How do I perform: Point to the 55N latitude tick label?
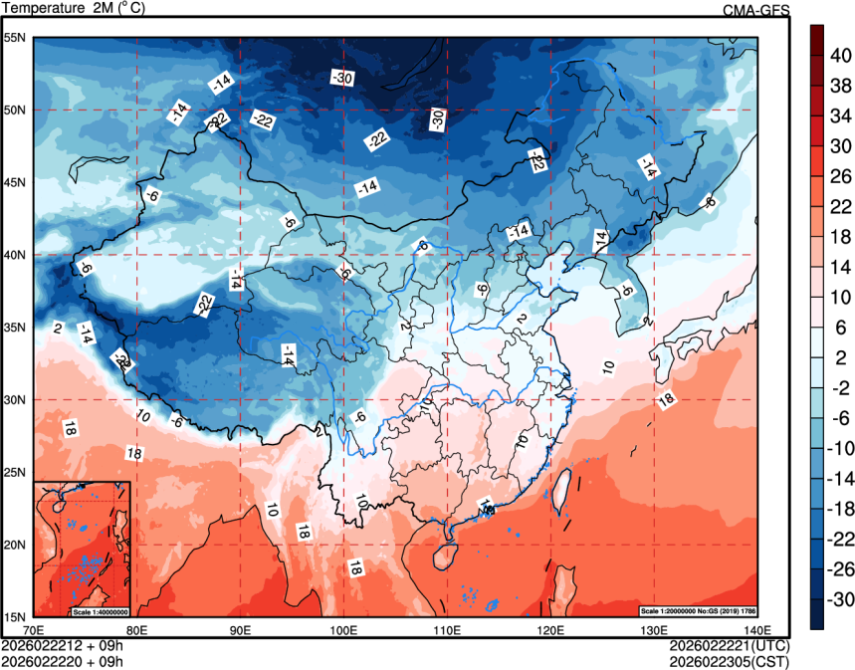point(16,38)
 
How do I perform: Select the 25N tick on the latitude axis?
point(16,472)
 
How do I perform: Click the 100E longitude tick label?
point(344,630)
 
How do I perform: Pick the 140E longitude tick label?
point(756,630)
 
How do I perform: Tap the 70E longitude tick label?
point(34,630)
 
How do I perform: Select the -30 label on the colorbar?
point(841,599)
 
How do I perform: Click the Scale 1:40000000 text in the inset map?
point(100,610)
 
